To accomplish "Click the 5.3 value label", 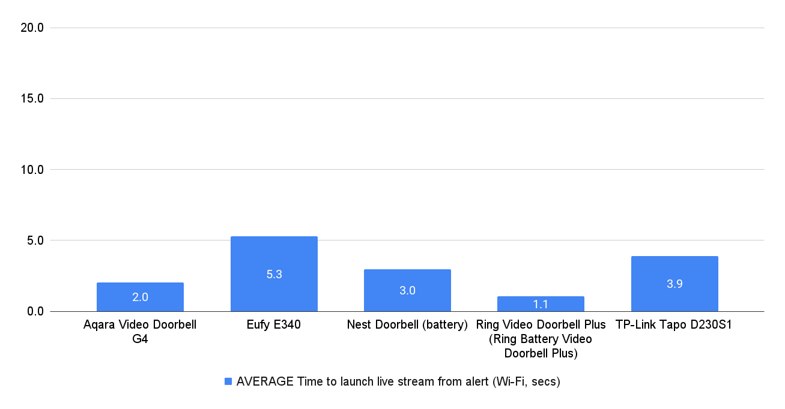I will click(x=274, y=275).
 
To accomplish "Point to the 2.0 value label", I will click(x=140, y=297).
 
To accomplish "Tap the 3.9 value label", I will click(x=674, y=284).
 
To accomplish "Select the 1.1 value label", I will click(x=541, y=305).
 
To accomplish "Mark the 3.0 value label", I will click(x=407, y=291).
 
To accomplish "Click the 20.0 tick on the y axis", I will click(x=32, y=28).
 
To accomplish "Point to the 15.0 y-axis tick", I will click(x=32, y=98).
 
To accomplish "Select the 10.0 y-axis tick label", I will click(x=32, y=170).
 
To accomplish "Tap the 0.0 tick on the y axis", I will click(x=35, y=311).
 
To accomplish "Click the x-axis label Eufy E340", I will click(x=274, y=326).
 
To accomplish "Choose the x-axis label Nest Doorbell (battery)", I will click(x=407, y=326).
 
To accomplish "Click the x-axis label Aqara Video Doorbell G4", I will click(x=140, y=332).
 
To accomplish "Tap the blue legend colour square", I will click(x=228, y=381).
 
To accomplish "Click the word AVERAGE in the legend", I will click(x=265, y=381).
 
